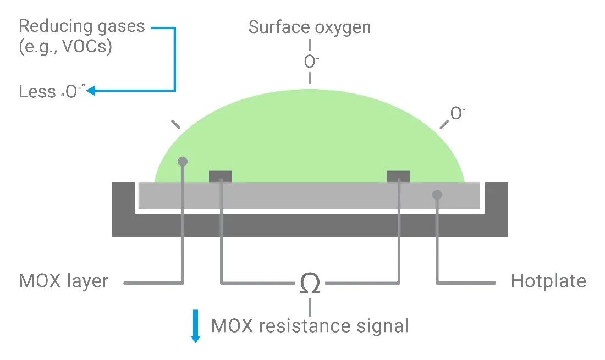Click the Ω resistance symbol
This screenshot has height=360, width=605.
(311, 283)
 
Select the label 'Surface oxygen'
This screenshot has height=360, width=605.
(310, 27)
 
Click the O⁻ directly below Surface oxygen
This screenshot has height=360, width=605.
(311, 61)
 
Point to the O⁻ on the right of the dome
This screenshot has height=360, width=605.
(458, 113)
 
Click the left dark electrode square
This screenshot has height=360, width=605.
(221, 176)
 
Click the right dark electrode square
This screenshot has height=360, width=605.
(398, 176)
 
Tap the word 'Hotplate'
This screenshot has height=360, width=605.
(548, 281)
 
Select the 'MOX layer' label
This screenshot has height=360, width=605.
(64, 281)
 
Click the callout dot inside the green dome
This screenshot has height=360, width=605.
(183, 162)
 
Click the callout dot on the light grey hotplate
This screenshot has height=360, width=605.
(437, 194)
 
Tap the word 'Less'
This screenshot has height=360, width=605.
(37, 91)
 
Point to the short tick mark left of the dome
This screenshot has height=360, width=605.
(175, 124)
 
